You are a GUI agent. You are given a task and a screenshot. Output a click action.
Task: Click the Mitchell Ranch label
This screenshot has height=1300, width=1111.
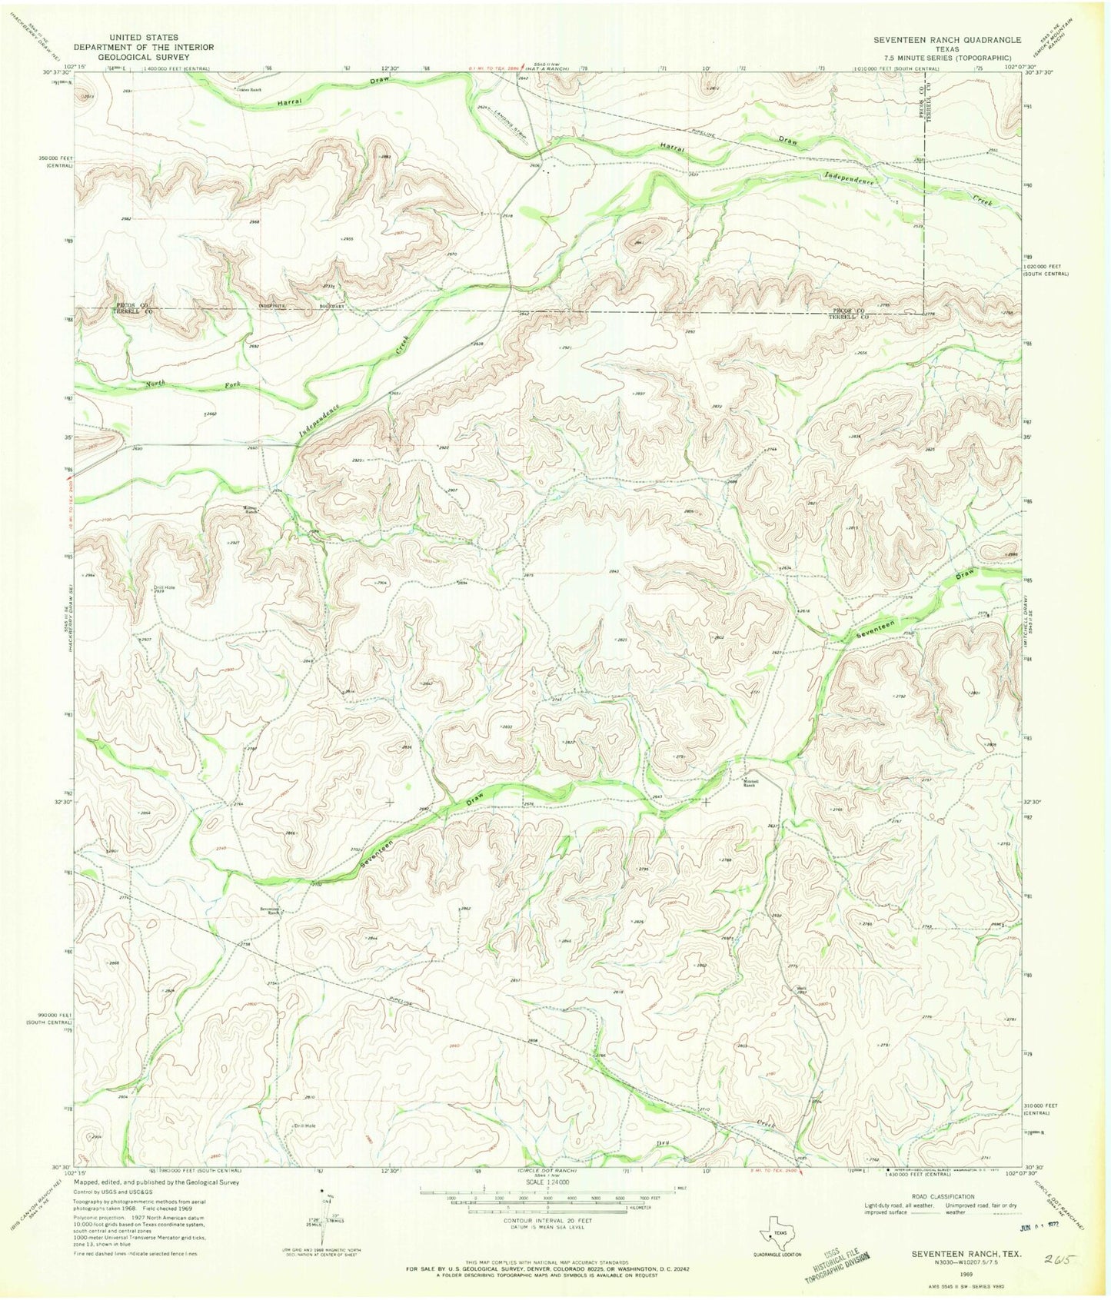pos(749,783)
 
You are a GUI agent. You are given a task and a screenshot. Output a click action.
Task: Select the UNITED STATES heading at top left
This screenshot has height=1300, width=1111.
pos(144,37)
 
